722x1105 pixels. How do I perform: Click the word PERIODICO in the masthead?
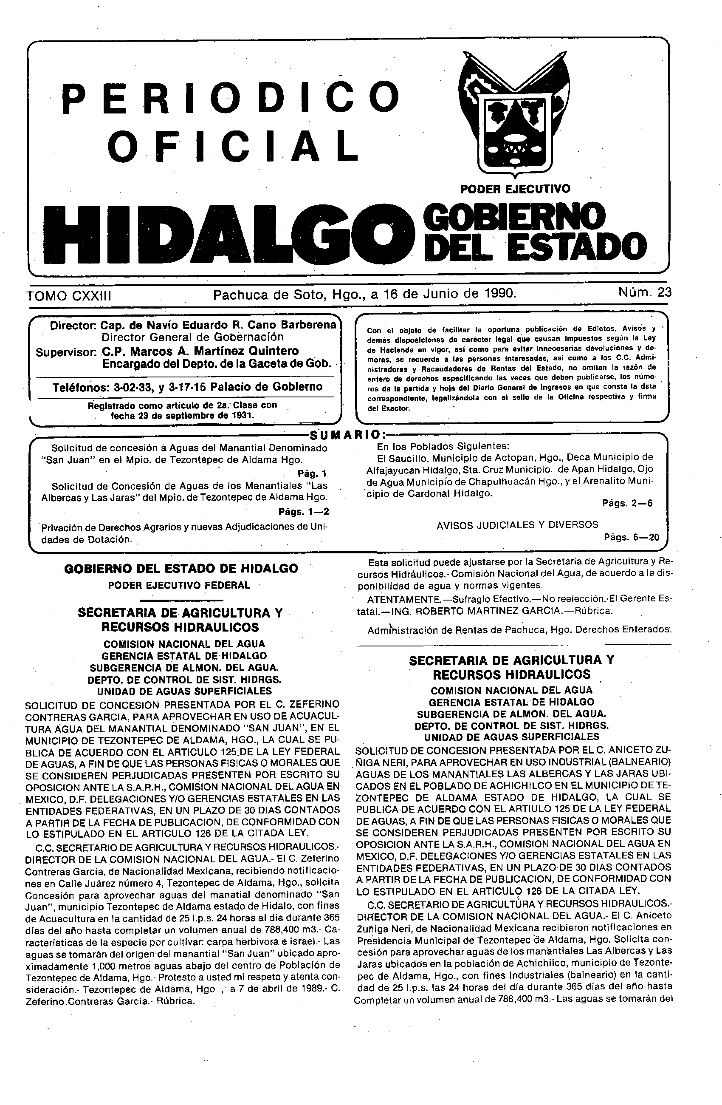point(231,98)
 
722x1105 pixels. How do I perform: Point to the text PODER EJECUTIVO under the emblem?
point(515,189)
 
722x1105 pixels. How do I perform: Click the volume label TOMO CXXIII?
point(69,296)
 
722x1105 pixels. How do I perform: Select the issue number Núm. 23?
point(644,292)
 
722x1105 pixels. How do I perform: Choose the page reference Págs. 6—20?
point(632,537)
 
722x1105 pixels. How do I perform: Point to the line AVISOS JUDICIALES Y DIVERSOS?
point(517,524)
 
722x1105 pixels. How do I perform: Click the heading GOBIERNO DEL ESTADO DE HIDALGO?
point(181,569)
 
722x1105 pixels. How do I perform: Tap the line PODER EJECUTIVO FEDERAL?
point(179,585)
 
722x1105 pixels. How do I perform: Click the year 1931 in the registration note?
point(242,415)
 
